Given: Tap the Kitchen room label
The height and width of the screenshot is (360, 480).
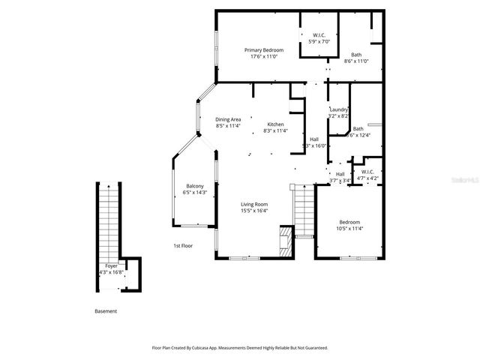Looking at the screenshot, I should coord(275,124).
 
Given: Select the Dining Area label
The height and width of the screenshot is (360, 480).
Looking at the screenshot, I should coord(228,119).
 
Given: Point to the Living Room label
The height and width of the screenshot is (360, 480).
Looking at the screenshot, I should coord(254,204).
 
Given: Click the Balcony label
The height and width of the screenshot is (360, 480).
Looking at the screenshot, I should coord(195,186).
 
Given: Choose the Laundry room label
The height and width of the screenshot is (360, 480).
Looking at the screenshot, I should coord(339,109).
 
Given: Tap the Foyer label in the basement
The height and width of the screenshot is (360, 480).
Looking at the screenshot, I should coord(111,265).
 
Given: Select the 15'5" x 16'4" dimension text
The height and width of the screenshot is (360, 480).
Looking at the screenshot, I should coord(254,211).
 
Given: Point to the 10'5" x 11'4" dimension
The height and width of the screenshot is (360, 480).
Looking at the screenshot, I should coord(349,229).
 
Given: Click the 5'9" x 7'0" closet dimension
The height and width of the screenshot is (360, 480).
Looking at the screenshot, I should coord(319,41).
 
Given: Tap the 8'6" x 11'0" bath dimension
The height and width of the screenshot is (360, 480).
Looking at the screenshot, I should coord(356,61).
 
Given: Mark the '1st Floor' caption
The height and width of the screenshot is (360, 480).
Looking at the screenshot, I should coord(183,245).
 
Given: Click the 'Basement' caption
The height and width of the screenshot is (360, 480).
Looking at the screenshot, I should coord(106,311).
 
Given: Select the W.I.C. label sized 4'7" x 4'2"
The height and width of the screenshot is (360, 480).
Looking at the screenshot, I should coord(367,172).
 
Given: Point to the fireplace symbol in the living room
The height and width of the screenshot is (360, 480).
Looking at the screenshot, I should coord(285,241).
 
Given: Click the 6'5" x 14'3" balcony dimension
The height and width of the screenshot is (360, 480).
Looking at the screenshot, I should coord(195,193).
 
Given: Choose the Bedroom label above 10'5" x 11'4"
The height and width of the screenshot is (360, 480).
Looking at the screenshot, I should coord(349,222).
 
